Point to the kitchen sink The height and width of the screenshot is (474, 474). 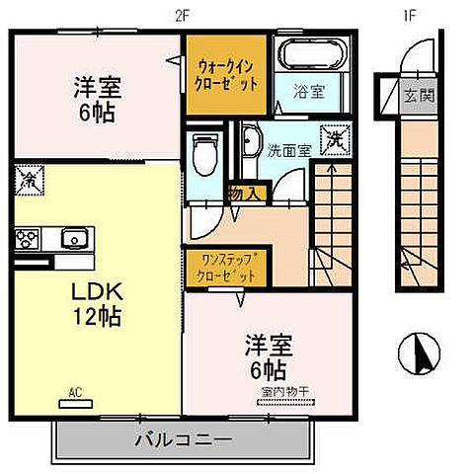(73, 239)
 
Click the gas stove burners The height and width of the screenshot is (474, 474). (28, 239)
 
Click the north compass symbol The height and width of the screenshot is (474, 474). (418, 351)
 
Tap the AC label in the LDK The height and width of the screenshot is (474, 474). (74, 393)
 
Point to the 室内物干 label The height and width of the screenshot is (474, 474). (286, 393)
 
